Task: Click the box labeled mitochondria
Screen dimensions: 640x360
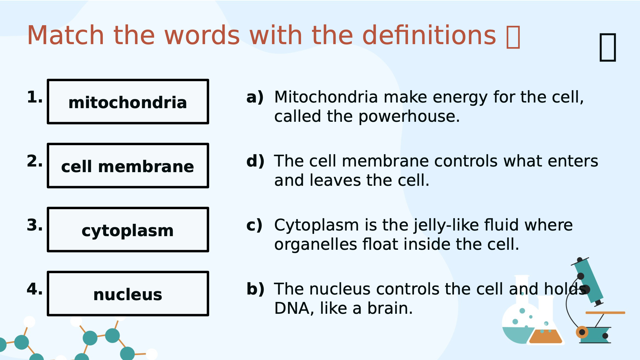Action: [x=128, y=102]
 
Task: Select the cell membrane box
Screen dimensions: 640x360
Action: [x=128, y=166]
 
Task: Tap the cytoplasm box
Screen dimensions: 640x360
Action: [x=128, y=230]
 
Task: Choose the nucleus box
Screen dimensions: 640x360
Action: [x=128, y=294]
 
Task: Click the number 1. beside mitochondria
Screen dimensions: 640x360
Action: [x=35, y=97]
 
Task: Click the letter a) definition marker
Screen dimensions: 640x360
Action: [x=255, y=97]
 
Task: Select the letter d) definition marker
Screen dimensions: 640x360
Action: [x=255, y=161]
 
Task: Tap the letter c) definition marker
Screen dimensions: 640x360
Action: [x=254, y=225]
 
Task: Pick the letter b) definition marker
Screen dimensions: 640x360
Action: [x=255, y=289]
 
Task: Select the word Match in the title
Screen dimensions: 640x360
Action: [x=65, y=36]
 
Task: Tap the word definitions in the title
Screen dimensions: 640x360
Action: [x=429, y=36]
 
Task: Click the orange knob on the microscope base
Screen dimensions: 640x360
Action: [x=582, y=332]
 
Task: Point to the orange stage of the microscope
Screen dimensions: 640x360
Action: [x=605, y=313]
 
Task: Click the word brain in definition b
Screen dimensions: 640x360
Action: [x=390, y=308]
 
